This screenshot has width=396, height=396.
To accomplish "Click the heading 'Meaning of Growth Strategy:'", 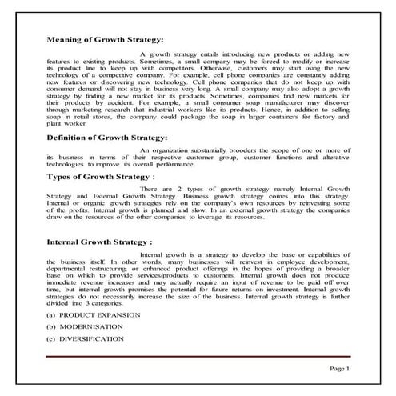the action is pos(105,38).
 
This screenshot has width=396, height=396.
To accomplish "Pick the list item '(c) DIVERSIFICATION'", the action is pos(90,339).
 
